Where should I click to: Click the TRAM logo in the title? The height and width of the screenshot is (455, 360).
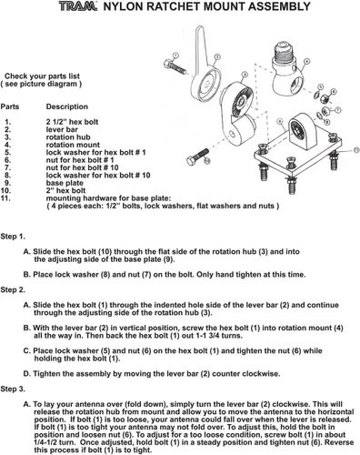point(78,6)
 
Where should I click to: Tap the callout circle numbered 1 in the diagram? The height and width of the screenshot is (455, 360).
point(175,56)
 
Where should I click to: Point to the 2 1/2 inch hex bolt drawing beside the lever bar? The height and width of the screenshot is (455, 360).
point(175,67)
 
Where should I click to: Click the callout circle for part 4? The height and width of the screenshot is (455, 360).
point(306,62)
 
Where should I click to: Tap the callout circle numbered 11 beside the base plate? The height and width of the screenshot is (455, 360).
point(356,150)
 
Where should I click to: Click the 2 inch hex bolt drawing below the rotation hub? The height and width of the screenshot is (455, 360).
point(198,157)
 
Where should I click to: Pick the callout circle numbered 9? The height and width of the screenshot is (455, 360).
point(280,122)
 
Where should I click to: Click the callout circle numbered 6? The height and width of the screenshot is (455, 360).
point(334,92)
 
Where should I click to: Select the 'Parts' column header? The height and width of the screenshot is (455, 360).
point(10,106)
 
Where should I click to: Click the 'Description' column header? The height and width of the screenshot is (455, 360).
point(67,106)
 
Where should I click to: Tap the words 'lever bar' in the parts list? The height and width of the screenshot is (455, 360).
point(62,129)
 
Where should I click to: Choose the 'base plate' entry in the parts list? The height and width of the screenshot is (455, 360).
point(65,183)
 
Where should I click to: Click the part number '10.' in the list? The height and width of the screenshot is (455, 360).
point(5,190)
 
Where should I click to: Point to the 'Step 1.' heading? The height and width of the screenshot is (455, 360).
point(13,237)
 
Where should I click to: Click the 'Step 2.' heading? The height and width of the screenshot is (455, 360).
point(13,290)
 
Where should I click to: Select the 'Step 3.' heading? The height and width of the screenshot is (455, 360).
point(13,389)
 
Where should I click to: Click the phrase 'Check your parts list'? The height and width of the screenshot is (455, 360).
point(42,76)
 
